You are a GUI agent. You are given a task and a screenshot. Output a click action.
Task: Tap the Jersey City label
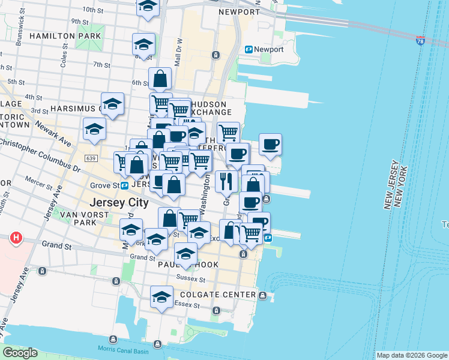pos(119,203)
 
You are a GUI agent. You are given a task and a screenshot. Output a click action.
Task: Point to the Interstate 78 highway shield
pos(421,41)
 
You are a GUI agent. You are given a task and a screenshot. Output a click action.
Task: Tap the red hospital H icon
pos(16,238)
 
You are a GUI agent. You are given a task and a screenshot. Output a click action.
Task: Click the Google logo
pos(19,353)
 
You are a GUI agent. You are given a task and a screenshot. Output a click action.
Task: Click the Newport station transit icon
pos(248,49)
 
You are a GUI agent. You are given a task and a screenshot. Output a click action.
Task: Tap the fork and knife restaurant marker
pos(226,181)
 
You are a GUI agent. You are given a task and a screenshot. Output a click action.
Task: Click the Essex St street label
pos(182,303)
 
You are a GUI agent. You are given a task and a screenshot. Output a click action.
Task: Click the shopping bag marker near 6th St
pos(160,79)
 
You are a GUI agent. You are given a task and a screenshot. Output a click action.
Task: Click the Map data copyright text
pos(412,355)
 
